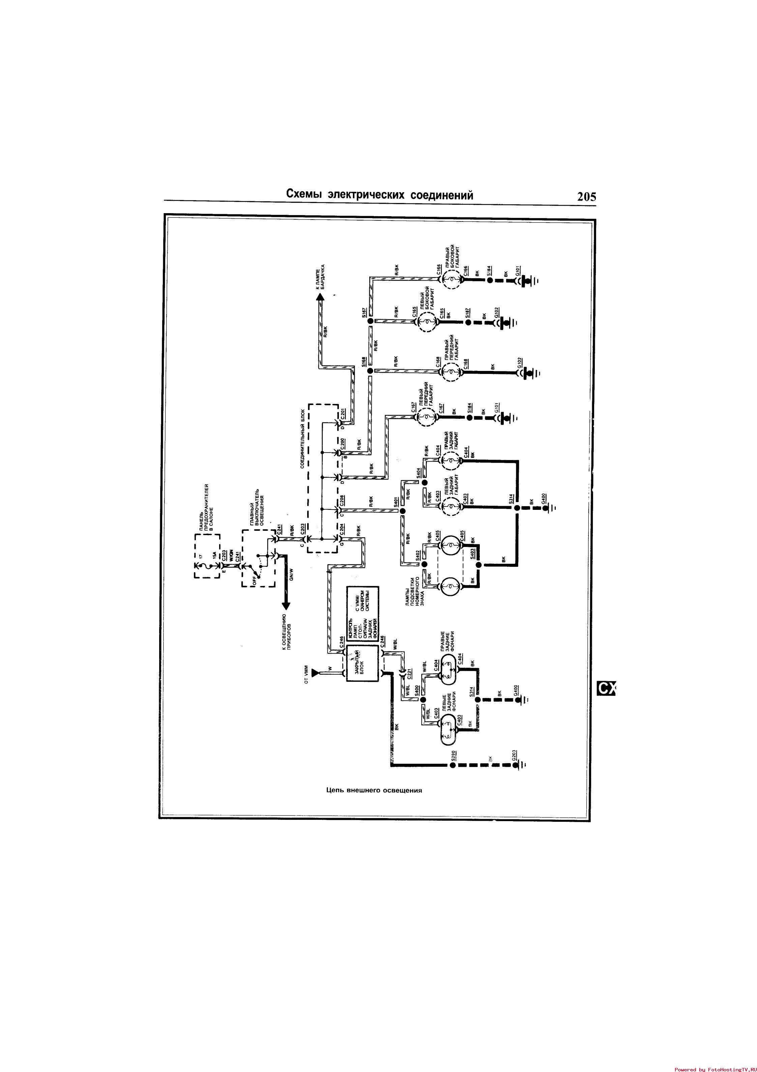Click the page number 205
coord(586,197)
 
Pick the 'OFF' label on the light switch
coord(255,582)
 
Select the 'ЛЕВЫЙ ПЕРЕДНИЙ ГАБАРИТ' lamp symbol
coord(426,416)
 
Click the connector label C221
coord(409,674)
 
